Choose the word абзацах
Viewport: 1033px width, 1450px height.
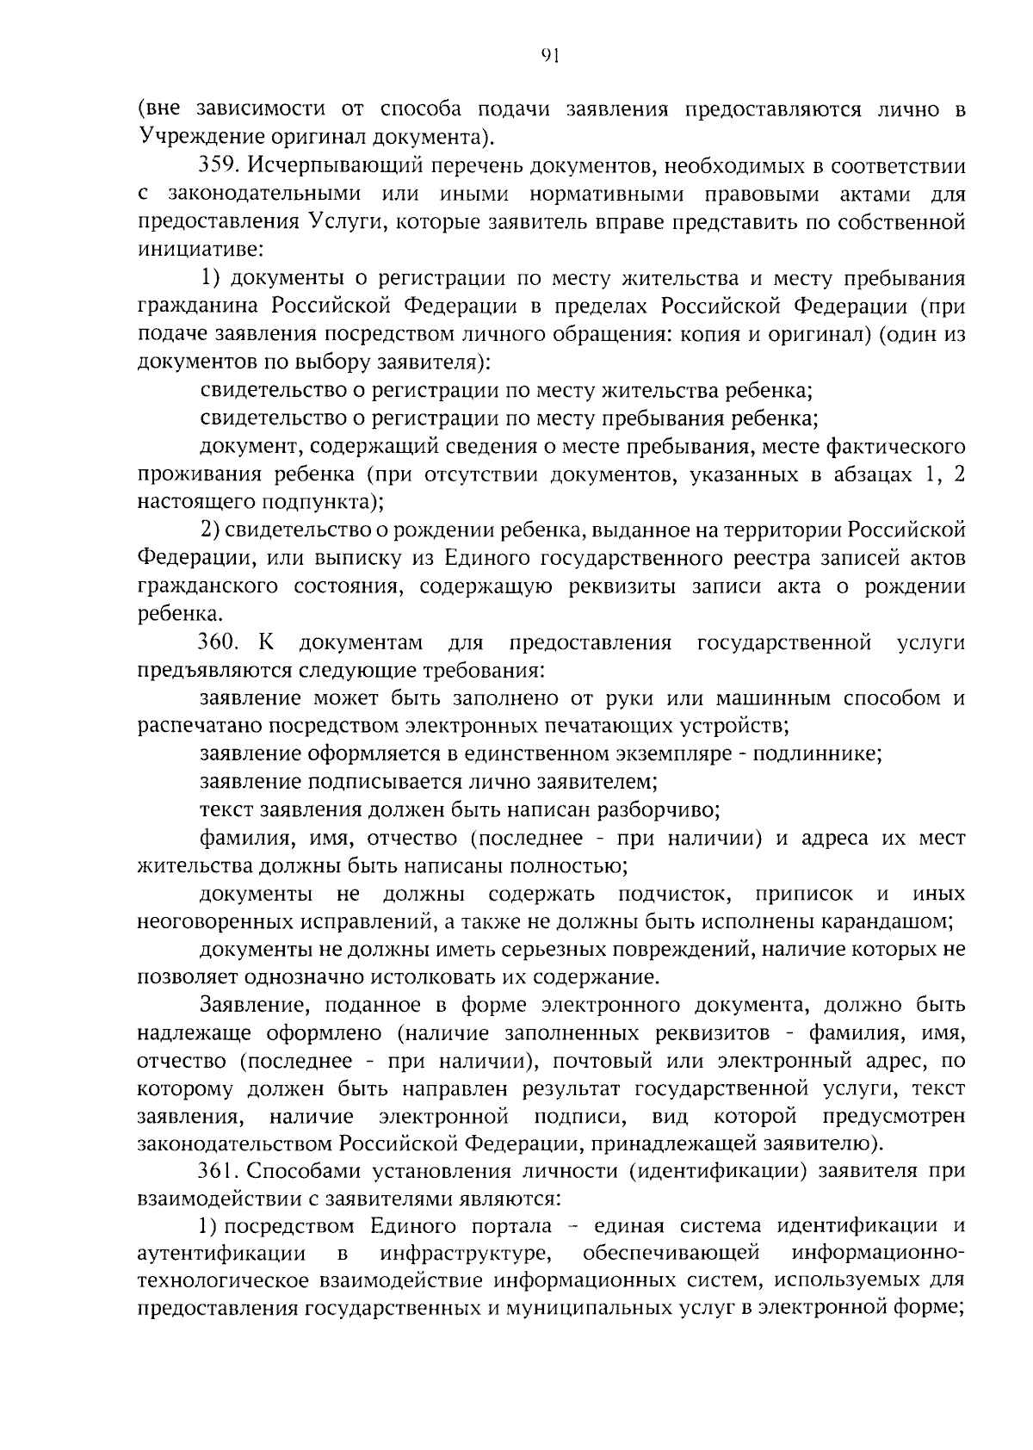tap(862, 474)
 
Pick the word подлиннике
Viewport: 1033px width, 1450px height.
tap(817, 755)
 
